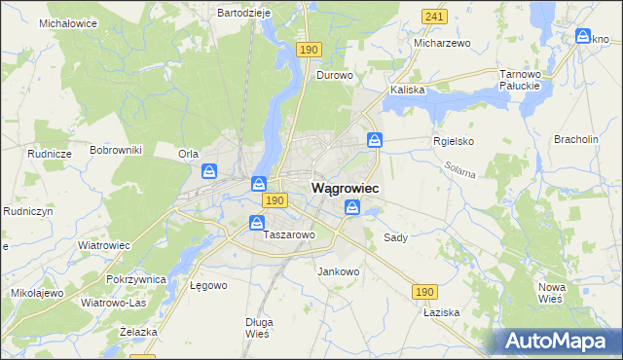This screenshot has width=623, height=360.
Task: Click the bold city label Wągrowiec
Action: [x=345, y=187]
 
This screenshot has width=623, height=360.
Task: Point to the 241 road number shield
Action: [x=434, y=17]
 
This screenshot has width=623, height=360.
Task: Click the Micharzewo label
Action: [x=442, y=44]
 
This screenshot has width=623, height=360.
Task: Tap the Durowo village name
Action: [x=334, y=74]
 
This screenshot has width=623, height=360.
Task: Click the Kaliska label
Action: [x=408, y=90]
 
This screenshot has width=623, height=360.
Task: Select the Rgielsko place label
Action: [x=453, y=140]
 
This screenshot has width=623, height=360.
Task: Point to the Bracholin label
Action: [x=575, y=139]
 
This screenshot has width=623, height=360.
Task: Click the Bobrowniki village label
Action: [x=116, y=150]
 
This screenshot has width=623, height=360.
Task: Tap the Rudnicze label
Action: [x=50, y=154]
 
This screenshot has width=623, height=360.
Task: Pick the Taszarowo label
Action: [x=289, y=235]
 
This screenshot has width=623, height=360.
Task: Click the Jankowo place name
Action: [x=339, y=271]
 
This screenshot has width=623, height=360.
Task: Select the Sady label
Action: [x=395, y=237]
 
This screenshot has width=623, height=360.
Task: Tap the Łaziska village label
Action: [x=441, y=314]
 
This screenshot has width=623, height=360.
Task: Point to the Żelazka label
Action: [x=138, y=332]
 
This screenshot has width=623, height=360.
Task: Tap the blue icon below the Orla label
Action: [x=209, y=171]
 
